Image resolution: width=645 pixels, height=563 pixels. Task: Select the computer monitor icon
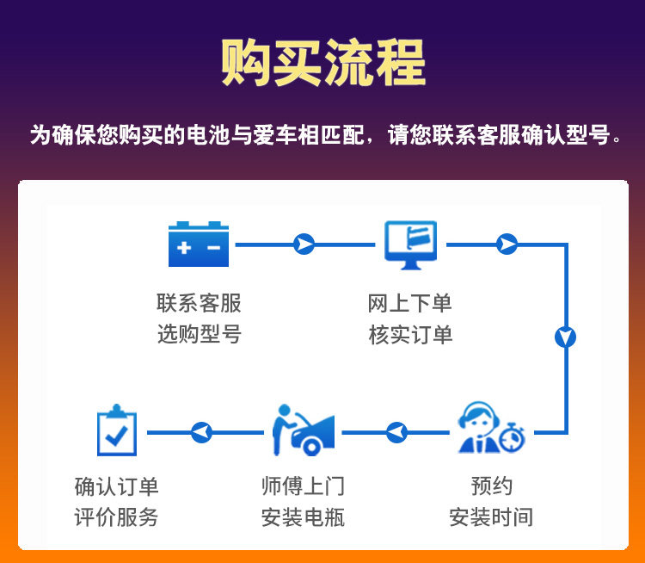click(x=410, y=244)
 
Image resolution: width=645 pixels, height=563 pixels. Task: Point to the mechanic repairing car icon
click(x=302, y=430)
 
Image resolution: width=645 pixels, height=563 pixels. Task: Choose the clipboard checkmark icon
click(x=116, y=430)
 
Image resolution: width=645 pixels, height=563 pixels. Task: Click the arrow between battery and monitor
click(x=304, y=244)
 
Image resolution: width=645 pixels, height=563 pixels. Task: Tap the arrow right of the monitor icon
click(x=507, y=244)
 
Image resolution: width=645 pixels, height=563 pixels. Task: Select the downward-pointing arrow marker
click(x=565, y=337)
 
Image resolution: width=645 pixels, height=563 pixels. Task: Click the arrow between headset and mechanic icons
click(x=396, y=431)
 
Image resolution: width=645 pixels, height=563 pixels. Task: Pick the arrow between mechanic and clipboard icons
click(x=200, y=431)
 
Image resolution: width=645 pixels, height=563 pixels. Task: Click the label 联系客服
click(x=199, y=303)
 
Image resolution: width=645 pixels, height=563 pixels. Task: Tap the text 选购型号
click(x=199, y=334)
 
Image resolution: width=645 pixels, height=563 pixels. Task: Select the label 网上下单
click(x=410, y=303)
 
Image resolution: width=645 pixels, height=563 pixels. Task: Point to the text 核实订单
click(x=410, y=334)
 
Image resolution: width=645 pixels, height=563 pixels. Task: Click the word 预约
click(x=491, y=486)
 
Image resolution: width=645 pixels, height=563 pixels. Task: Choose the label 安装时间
click(x=491, y=517)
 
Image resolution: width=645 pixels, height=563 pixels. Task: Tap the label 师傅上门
click(x=303, y=486)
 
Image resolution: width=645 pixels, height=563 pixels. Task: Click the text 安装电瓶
click(x=303, y=517)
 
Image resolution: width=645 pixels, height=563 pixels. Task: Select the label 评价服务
click(x=116, y=517)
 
